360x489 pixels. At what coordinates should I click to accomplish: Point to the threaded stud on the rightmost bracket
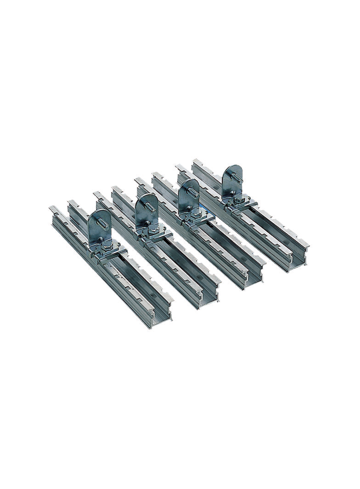pos(237,178)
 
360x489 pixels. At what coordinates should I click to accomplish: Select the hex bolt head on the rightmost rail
pos(239,199)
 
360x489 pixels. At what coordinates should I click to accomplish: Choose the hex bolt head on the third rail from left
pos(197,214)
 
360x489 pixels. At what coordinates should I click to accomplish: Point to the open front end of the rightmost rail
pos(298,259)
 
